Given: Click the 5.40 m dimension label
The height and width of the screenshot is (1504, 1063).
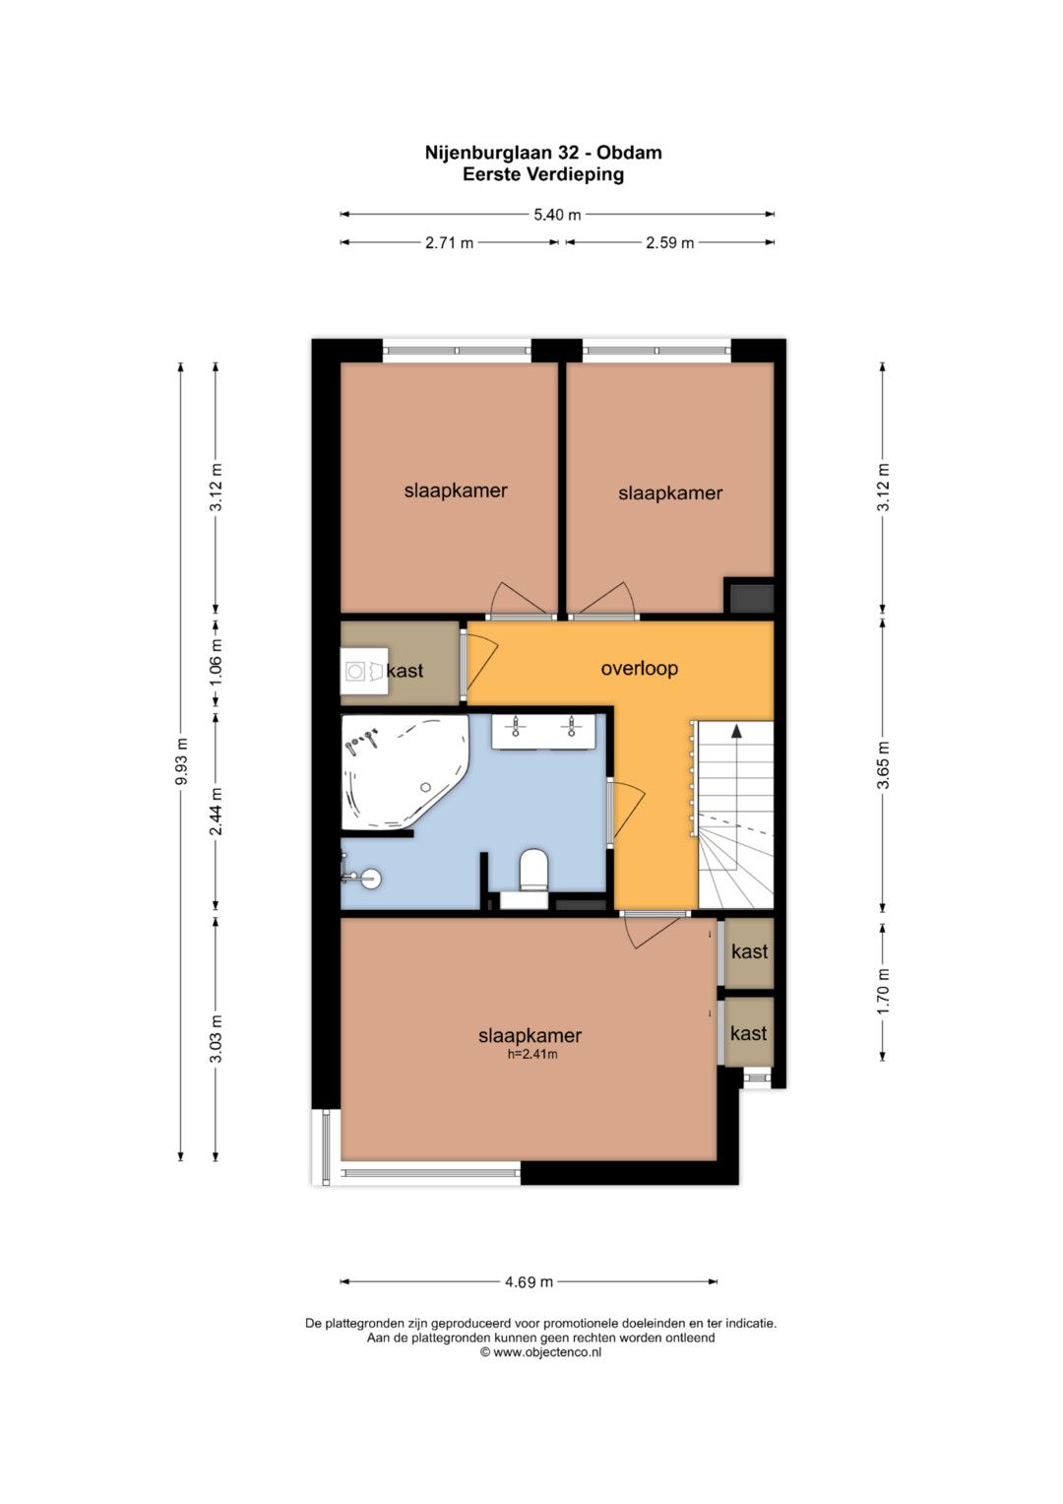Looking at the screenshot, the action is (x=557, y=215).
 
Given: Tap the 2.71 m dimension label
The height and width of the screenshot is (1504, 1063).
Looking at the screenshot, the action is (x=449, y=242).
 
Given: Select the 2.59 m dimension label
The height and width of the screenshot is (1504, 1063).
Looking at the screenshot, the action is (x=669, y=242).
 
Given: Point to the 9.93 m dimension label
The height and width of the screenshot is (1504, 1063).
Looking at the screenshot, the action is (x=180, y=761).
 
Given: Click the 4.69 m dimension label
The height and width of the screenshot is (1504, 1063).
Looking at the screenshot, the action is (x=529, y=1281).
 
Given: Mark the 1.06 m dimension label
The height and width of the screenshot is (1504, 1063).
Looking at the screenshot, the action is (x=216, y=663).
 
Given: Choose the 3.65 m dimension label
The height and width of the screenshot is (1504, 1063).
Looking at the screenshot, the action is (x=883, y=764).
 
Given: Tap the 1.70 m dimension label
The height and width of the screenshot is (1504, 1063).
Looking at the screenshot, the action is (x=883, y=991).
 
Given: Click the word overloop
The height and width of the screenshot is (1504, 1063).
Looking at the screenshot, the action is (x=639, y=668).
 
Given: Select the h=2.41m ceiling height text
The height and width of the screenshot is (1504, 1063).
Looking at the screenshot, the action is (x=532, y=1054).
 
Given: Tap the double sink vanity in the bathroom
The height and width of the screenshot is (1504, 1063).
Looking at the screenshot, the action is (x=543, y=731).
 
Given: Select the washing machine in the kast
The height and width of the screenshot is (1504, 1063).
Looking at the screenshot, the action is (x=364, y=671).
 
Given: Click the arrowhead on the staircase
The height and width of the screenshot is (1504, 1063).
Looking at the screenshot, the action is (x=736, y=732).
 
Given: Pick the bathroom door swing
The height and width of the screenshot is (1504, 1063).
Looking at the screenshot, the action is (x=627, y=811).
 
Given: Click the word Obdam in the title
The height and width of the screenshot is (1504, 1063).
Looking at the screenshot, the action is (x=630, y=153).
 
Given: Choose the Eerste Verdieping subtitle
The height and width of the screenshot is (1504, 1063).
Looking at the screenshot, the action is (x=543, y=174).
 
